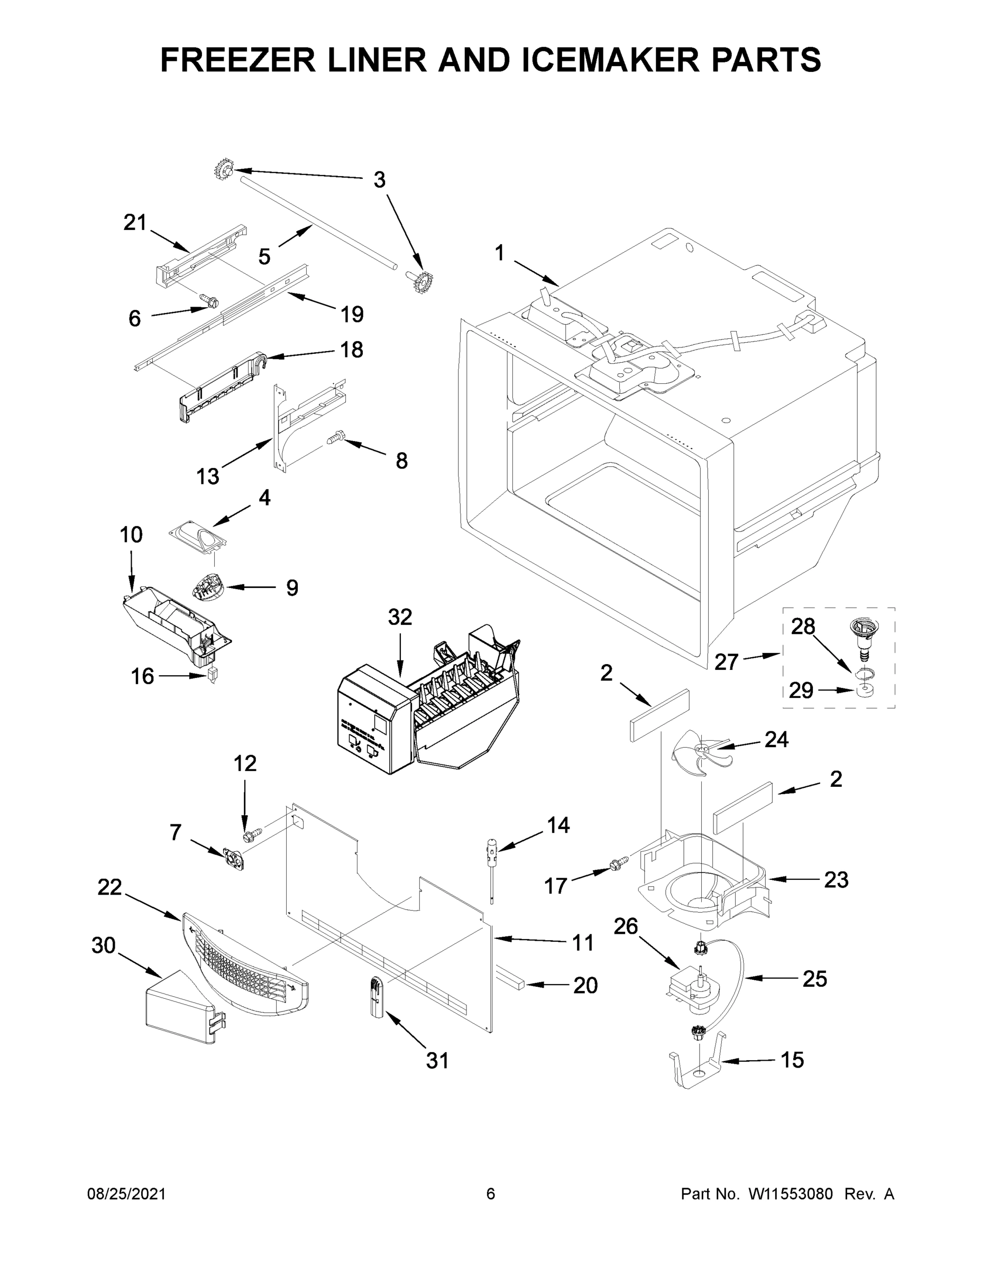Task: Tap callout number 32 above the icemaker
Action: [400, 617]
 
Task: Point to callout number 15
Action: [792, 1060]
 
